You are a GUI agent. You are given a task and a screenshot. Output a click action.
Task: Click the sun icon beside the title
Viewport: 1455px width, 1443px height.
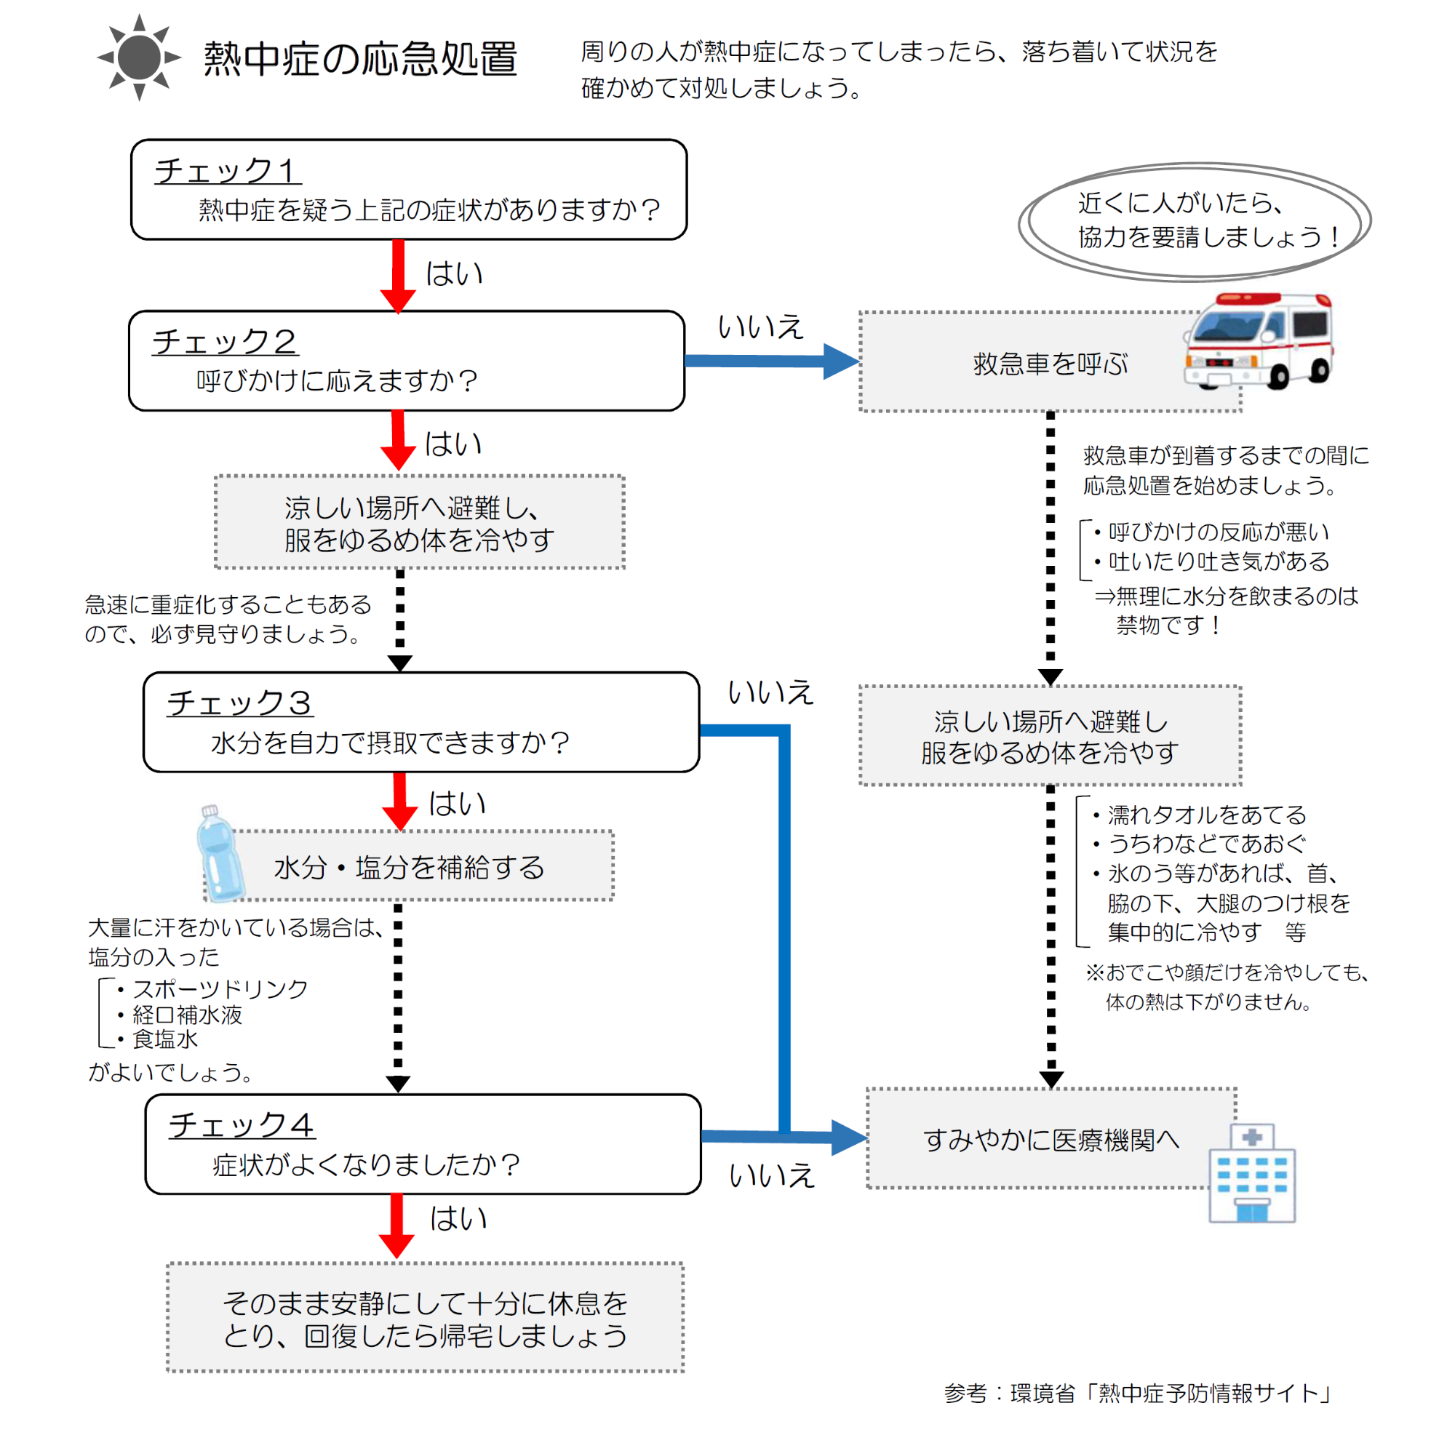(140, 57)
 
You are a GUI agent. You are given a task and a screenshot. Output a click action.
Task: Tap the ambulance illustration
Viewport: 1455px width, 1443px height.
(1259, 341)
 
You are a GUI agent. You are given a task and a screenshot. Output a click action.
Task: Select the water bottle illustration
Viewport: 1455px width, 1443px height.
(219, 854)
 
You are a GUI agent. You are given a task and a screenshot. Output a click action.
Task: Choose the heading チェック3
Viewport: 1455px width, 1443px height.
(239, 703)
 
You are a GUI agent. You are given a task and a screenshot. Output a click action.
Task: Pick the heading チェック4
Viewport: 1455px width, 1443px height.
(242, 1124)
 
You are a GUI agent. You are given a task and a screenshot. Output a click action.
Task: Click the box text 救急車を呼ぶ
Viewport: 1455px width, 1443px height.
(1051, 364)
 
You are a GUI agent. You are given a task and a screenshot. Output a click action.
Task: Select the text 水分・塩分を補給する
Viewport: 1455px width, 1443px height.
(409, 867)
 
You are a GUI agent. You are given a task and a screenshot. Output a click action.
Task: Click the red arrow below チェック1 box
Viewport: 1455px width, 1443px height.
(399, 276)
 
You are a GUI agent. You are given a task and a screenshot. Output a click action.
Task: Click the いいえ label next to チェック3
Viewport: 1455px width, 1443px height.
(770, 692)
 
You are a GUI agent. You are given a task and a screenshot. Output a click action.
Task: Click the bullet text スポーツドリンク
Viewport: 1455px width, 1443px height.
(220, 988)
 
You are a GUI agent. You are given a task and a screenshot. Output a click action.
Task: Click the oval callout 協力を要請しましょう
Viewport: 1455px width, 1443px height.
(1195, 221)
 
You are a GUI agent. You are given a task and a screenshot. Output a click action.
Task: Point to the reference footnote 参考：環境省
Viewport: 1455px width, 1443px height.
(1138, 1393)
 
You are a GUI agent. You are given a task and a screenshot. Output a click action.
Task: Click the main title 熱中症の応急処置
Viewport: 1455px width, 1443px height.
(361, 59)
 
